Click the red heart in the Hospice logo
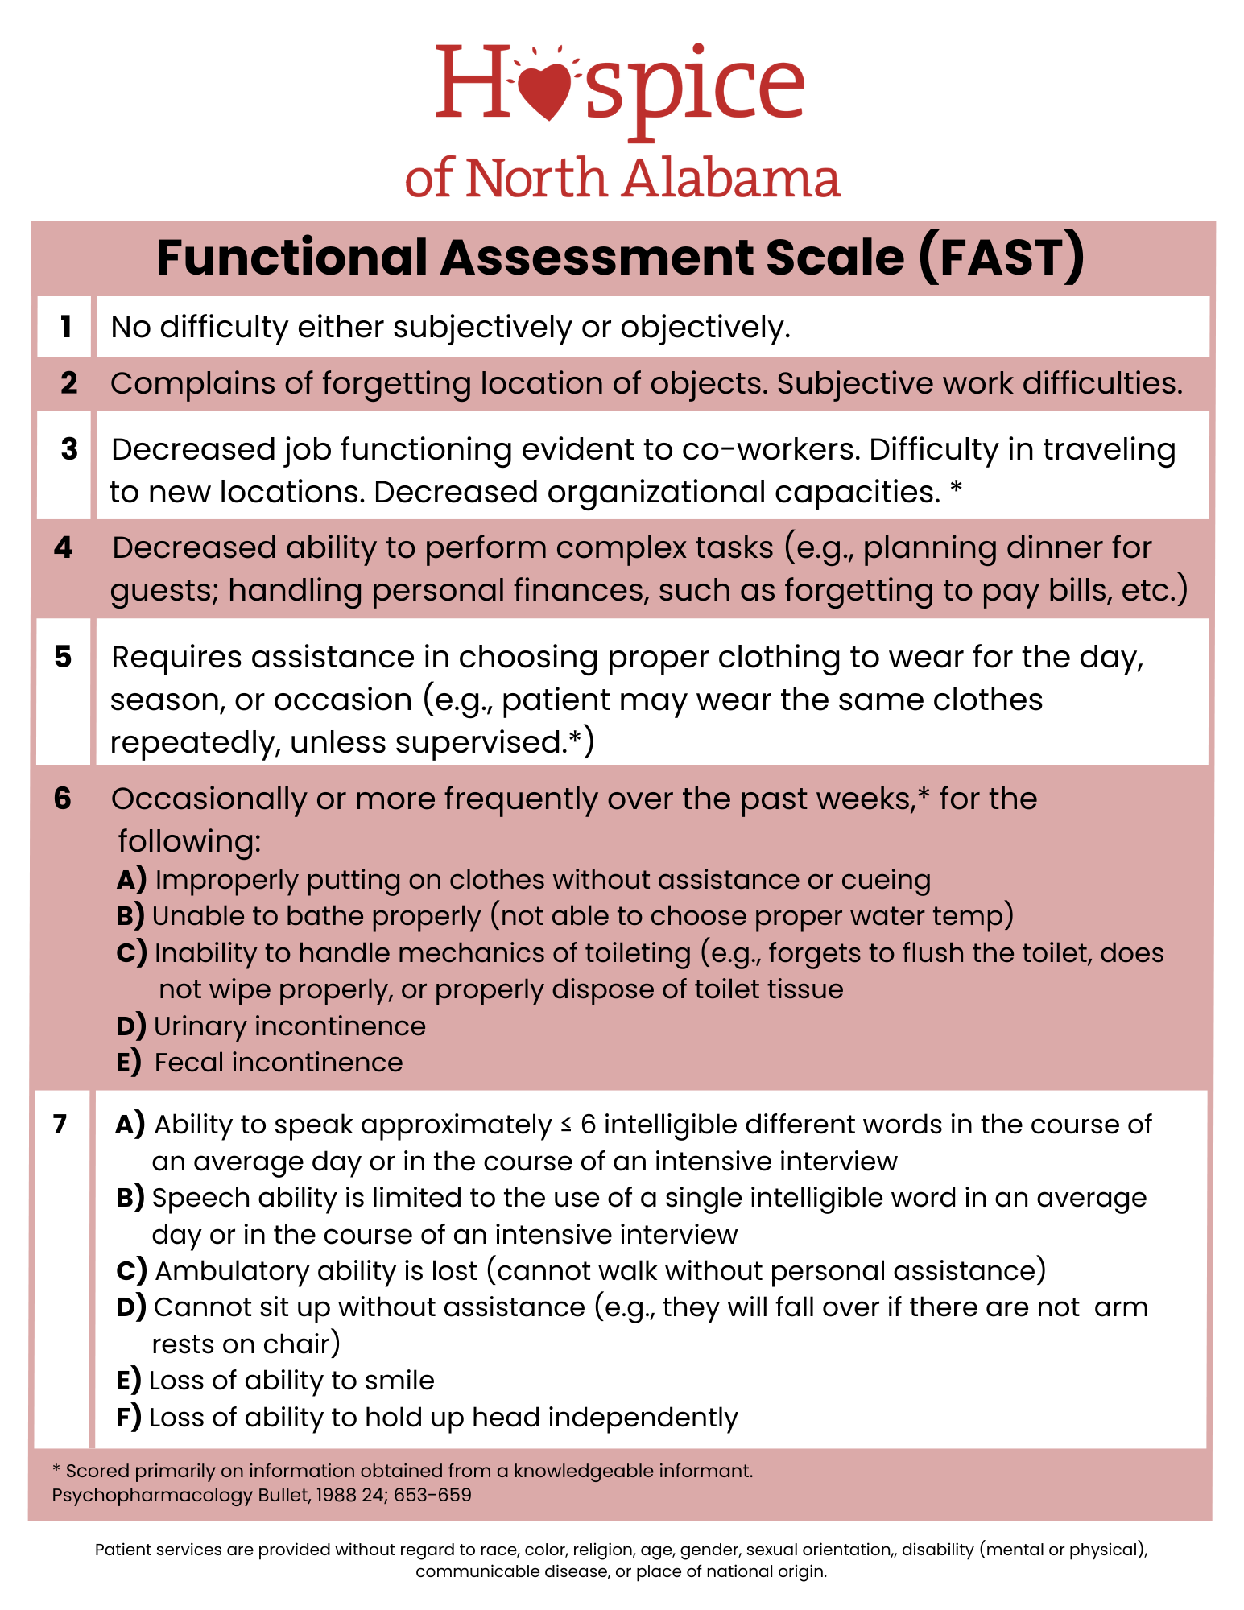click(548, 90)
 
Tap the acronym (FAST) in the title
click(1002, 258)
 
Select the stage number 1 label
click(65, 327)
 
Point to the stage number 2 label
click(68, 383)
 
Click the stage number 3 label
click(69, 449)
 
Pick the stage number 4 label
click(64, 547)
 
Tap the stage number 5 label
click(64, 657)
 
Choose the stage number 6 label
click(63, 799)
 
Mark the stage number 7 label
click(60, 1124)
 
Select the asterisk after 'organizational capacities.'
click(957, 489)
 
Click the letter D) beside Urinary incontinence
click(130, 1026)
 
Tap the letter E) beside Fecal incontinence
click(128, 1063)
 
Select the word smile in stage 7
click(399, 1381)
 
